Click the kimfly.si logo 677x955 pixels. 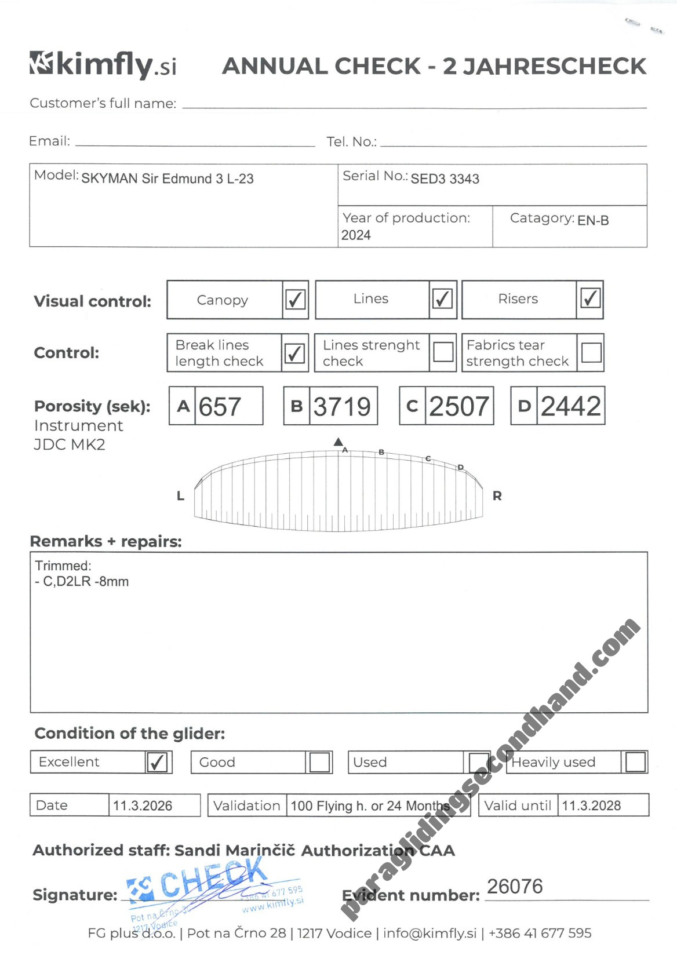coord(103,64)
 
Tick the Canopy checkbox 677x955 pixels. coord(295,300)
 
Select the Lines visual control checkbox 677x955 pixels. coord(442,299)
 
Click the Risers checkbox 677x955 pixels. coord(590,299)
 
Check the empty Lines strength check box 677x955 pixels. coord(443,352)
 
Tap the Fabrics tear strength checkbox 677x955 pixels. coord(591,352)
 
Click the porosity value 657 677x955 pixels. coord(220,406)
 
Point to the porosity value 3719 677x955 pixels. coord(342,406)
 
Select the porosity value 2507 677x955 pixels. coord(459,406)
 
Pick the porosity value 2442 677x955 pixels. coord(571,406)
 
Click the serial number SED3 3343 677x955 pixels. coord(445,179)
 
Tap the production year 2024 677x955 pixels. coord(356,235)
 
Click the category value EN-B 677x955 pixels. coord(593,221)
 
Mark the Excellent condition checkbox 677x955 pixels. coord(158,762)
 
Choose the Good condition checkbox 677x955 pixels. coord(319,762)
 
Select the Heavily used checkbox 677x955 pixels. coord(635,762)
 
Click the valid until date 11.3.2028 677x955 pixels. coord(591,805)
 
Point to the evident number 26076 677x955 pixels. coord(515,887)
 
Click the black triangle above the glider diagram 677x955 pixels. coord(338,442)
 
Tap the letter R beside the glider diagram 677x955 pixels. coord(497,496)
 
